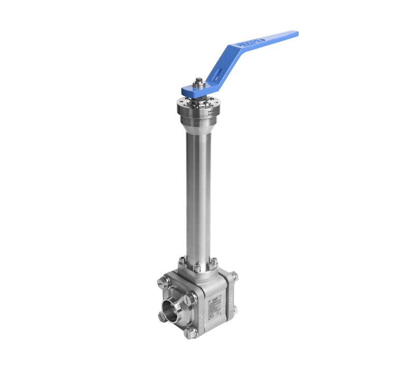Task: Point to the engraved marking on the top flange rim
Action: click(x=212, y=111)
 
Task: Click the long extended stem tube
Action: click(x=198, y=197)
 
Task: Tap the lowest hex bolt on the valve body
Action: click(x=190, y=334)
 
